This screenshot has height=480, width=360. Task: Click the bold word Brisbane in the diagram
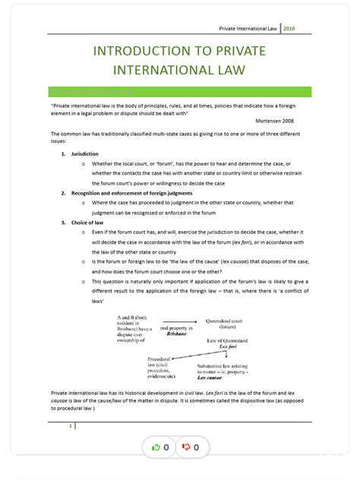click(x=176, y=333)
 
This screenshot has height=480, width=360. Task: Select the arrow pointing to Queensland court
click(x=182, y=321)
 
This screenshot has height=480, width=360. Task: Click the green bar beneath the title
click(x=180, y=91)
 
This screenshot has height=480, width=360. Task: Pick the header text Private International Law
click(x=247, y=28)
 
